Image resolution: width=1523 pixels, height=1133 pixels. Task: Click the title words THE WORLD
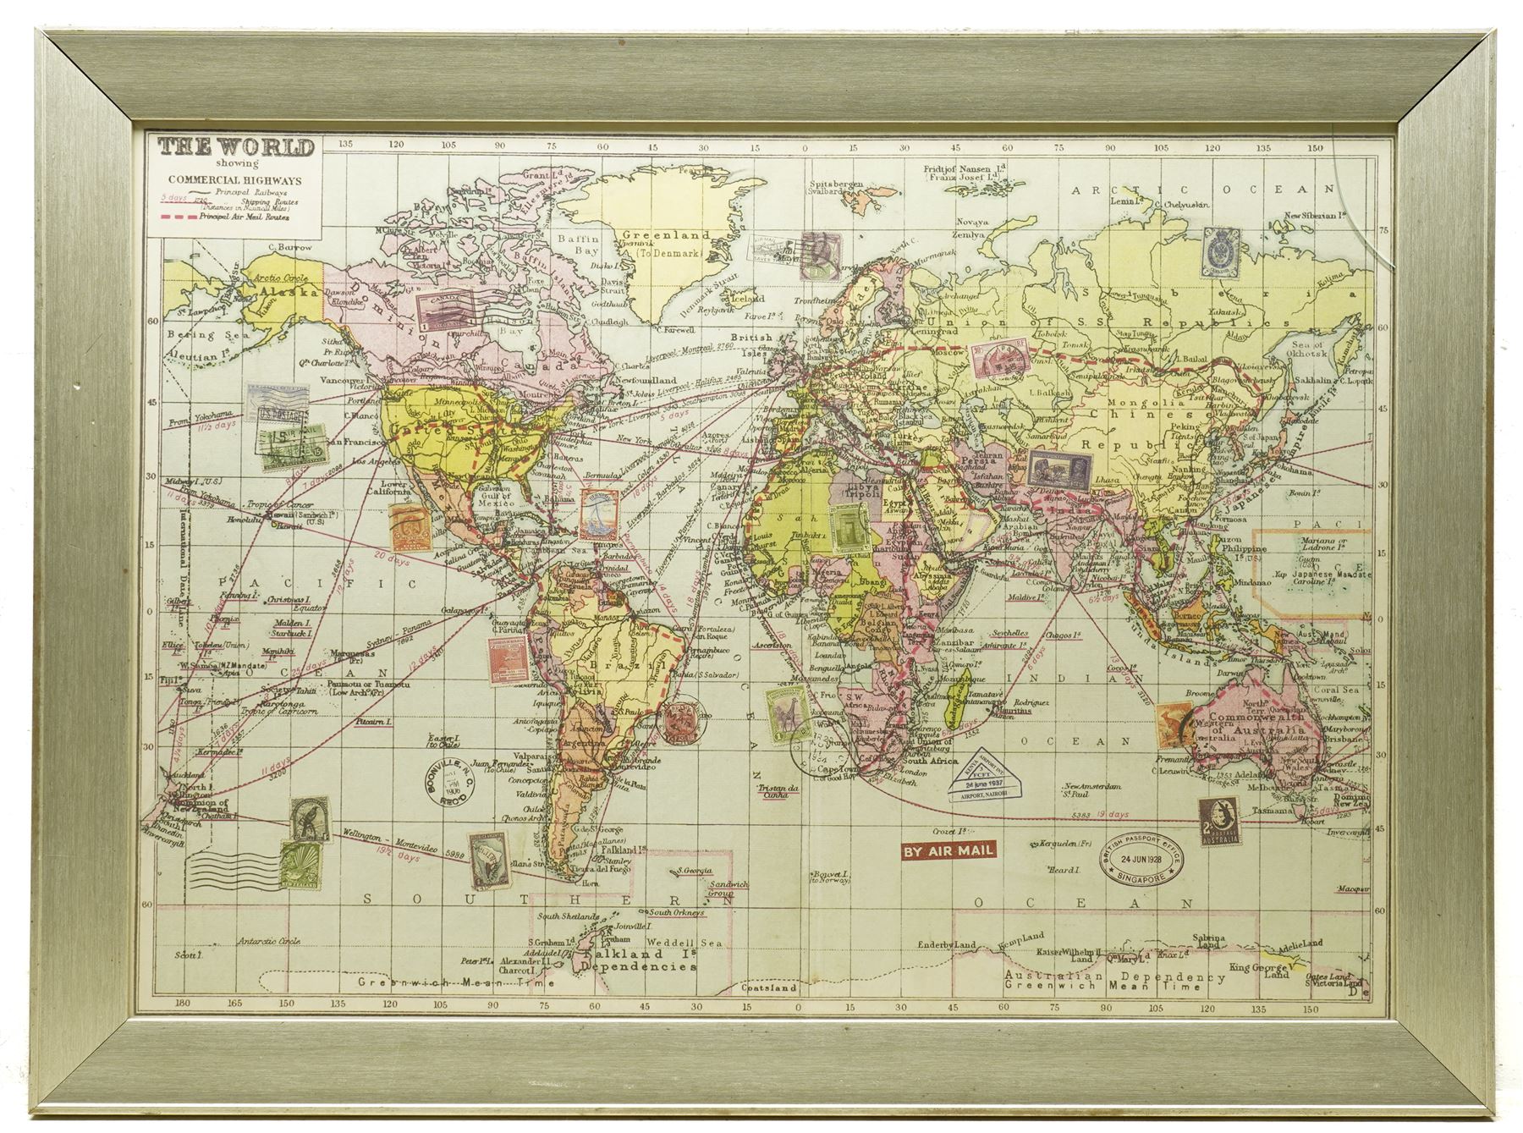(x=236, y=148)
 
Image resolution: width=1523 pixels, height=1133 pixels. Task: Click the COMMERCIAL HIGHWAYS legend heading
(x=235, y=179)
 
